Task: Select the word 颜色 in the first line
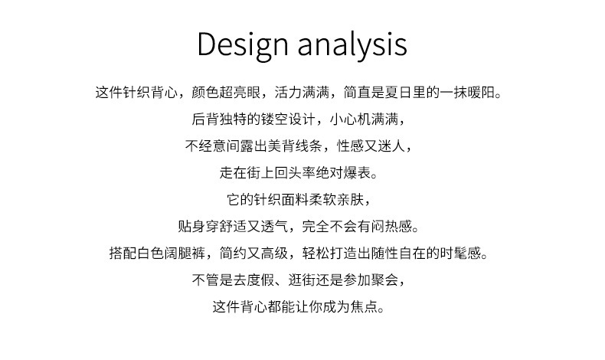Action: [x=205, y=93]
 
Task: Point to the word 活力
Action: [x=288, y=93]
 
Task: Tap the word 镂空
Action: [x=274, y=119]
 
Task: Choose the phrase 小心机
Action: [x=350, y=119]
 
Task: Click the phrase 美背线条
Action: [x=295, y=146]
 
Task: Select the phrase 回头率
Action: [x=295, y=172]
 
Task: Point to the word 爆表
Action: [x=358, y=172]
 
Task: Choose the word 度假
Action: [x=261, y=280]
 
